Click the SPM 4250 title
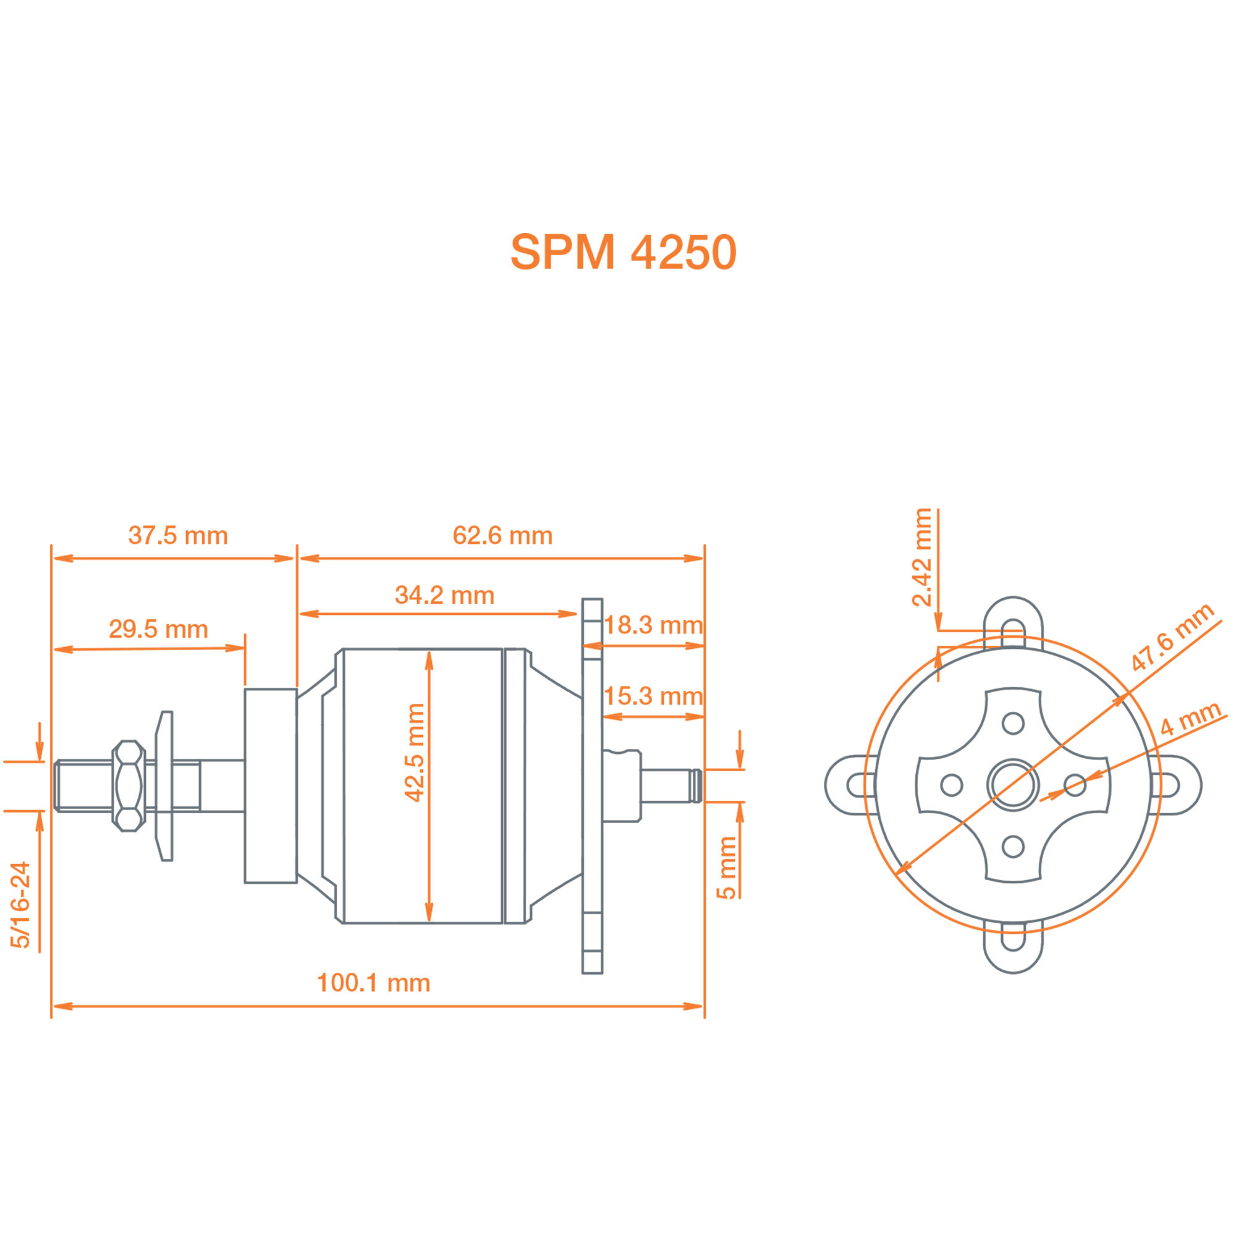tap(623, 252)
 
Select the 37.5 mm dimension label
tap(178, 535)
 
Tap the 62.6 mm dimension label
tap(502, 535)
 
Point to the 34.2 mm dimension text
tap(444, 595)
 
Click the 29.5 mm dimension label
tap(158, 629)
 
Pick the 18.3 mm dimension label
tap(653, 625)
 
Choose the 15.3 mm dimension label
tap(653, 696)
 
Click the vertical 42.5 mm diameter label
tap(415, 752)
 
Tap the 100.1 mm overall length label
tap(374, 983)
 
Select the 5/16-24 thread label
tap(20, 905)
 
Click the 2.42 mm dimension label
tap(922, 557)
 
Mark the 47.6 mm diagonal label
tap(1171, 637)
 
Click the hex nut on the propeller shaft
tap(129, 786)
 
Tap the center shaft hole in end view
tap(1013, 784)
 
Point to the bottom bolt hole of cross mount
tap(1013, 847)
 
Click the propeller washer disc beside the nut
tap(165, 786)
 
